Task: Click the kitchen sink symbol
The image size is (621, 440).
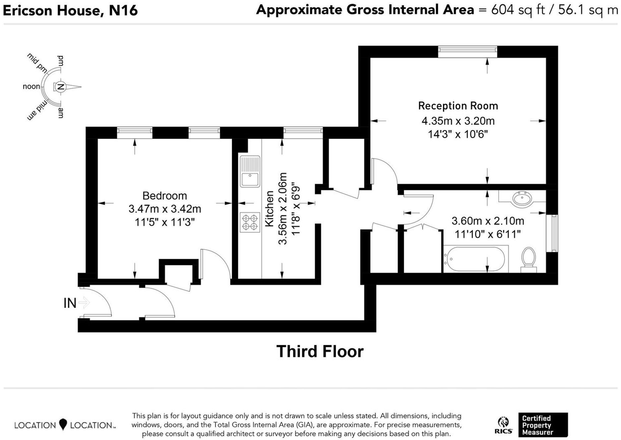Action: tap(250, 172)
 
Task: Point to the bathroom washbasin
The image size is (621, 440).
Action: tap(522, 199)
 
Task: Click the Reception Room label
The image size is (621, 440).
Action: tap(458, 106)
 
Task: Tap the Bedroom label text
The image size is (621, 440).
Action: tap(165, 196)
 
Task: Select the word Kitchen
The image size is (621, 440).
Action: tap(269, 209)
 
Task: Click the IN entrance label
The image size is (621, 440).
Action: tap(70, 303)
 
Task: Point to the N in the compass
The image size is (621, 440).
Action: tap(60, 87)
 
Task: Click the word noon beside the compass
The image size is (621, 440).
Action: tap(31, 87)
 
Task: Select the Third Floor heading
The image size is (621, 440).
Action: tap(320, 352)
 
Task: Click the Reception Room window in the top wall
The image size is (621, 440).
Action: tap(467, 51)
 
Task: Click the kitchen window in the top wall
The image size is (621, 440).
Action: tap(303, 133)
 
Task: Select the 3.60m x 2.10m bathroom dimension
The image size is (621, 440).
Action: tap(488, 221)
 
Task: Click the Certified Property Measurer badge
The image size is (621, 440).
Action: tap(543, 425)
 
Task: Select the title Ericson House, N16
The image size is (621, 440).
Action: tap(70, 11)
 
